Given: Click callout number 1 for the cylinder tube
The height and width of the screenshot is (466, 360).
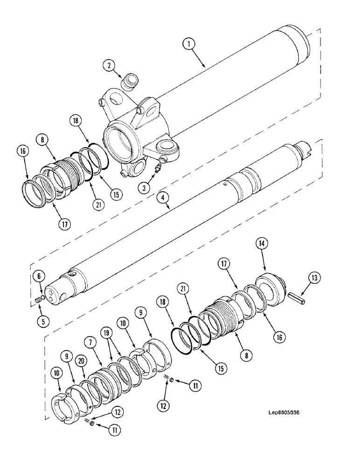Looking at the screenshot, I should pos(188,44).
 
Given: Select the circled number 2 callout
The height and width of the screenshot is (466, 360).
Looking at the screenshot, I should pos(110,66).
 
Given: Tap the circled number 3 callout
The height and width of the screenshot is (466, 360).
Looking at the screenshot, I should pos(144,188).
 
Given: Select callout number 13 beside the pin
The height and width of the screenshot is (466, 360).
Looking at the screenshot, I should pos(314,279).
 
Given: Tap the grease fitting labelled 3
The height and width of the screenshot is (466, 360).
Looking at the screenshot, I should pos(159,165).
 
